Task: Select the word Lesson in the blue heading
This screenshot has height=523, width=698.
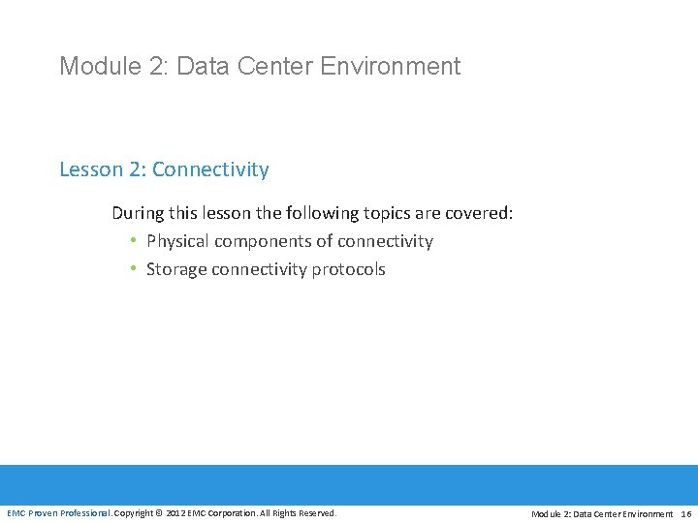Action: click(x=90, y=169)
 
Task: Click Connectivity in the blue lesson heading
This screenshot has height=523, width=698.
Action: click(x=210, y=169)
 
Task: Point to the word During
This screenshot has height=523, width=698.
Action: click(x=138, y=212)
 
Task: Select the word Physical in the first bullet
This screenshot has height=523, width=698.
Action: click(x=177, y=241)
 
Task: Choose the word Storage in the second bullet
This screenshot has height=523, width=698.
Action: click(x=175, y=269)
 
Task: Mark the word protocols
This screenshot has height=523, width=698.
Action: click(x=348, y=269)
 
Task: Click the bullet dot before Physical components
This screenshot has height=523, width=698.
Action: click(x=132, y=241)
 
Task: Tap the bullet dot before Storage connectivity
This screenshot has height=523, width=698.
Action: click(x=132, y=269)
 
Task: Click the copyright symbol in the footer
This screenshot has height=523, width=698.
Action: click(x=160, y=512)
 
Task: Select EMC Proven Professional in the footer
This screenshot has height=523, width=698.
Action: click(x=58, y=512)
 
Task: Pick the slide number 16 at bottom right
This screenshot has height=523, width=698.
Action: click(x=685, y=513)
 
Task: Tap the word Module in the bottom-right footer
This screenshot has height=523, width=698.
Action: click(x=546, y=513)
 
